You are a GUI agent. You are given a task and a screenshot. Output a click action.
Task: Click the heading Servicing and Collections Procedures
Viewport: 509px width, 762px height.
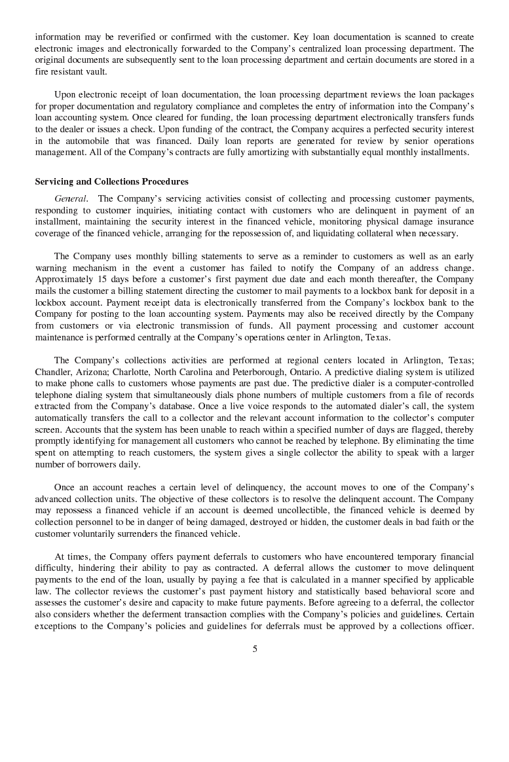point(111,182)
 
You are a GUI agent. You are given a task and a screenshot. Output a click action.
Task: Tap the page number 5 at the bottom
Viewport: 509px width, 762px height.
point(255,649)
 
